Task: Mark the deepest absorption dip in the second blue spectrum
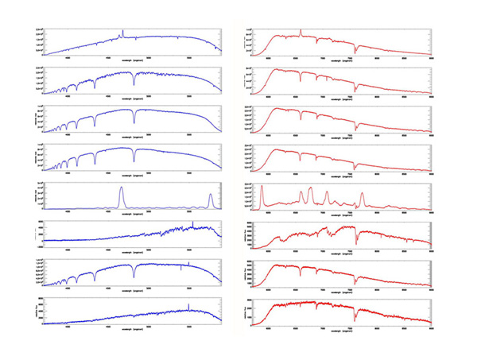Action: click(x=134, y=83)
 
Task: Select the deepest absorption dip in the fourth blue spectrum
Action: click(x=134, y=159)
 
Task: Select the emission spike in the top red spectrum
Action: click(x=301, y=32)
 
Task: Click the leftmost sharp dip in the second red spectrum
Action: click(x=301, y=80)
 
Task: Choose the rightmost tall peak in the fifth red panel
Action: click(x=362, y=195)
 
